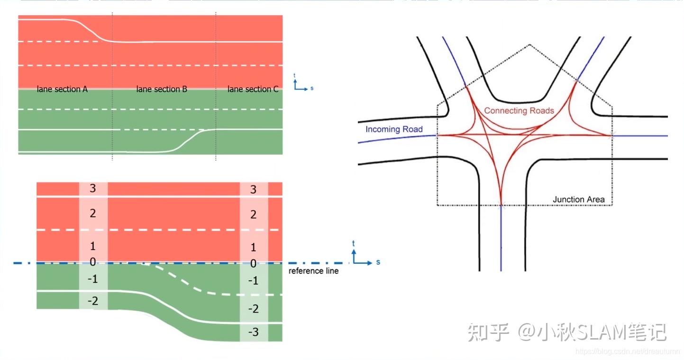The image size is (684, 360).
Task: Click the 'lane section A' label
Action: coord(62,89)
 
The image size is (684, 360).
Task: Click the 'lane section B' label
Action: coord(162,89)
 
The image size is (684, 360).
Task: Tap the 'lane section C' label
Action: coord(253,89)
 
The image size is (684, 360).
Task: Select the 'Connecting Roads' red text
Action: coord(519,111)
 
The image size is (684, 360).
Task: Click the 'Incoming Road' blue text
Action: coord(393,129)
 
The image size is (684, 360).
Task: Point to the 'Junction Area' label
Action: coord(578,199)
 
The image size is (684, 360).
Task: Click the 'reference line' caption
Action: coord(313,271)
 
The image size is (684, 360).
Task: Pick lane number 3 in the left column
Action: coord(93,188)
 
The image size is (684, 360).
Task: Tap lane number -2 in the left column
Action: coord(93,301)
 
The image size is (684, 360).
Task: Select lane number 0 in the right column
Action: coord(253,264)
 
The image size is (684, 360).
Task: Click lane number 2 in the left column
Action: coord(93,213)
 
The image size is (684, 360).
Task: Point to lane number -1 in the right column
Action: coord(253,281)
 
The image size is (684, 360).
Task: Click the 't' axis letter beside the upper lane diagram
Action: coord(294,75)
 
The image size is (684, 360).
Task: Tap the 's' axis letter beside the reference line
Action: coord(378,262)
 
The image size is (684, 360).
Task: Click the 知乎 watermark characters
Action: coord(488,332)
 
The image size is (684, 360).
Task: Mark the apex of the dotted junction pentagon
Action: coord(529,45)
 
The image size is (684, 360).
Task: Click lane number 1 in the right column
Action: coord(253,247)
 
